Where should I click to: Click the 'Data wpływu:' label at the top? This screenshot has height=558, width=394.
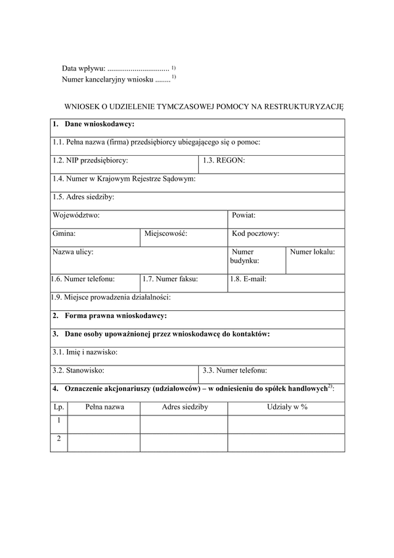(x=83, y=68)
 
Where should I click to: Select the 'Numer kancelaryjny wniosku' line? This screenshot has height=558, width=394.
(x=108, y=79)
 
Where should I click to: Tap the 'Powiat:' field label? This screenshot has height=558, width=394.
(x=244, y=215)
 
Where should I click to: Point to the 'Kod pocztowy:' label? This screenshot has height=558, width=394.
(x=256, y=233)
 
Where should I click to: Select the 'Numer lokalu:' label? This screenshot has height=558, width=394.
(x=313, y=252)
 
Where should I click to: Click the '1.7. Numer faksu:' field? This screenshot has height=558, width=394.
(x=171, y=279)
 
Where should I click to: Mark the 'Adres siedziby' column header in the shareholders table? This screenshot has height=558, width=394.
(x=185, y=407)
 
